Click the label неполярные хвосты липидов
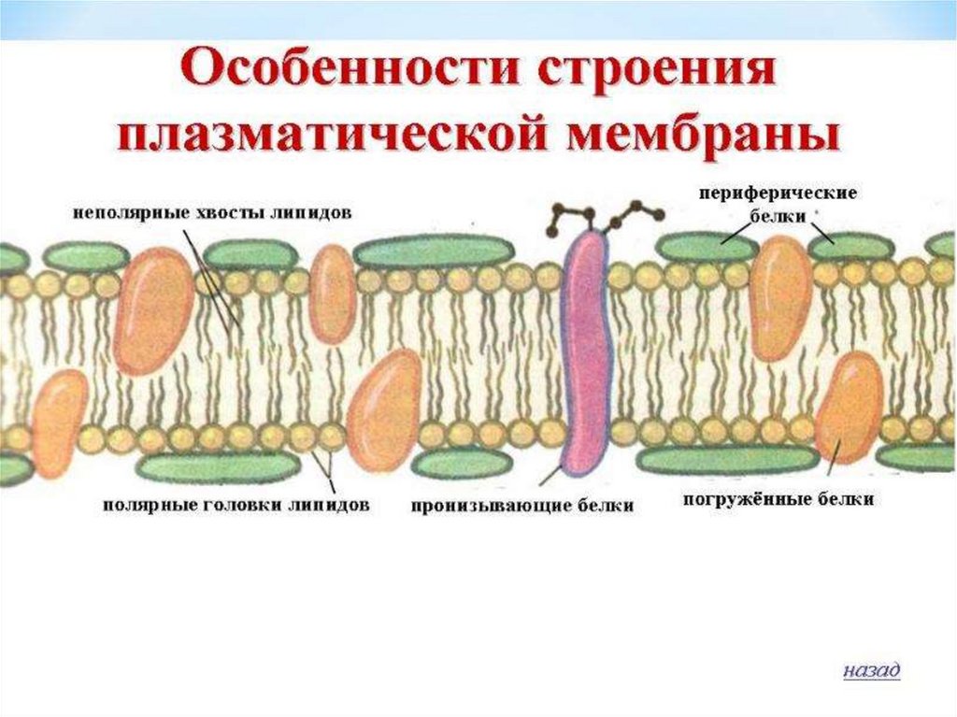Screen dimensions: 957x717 coord(212,212)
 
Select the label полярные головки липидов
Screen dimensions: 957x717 coord(236,505)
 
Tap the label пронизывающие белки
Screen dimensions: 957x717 coord(521,506)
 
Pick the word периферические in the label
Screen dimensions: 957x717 coord(778,192)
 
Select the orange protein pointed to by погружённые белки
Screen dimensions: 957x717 coord(849,407)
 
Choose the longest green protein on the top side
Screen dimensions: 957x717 coord(434,251)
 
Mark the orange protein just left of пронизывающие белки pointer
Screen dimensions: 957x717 coord(384,411)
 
